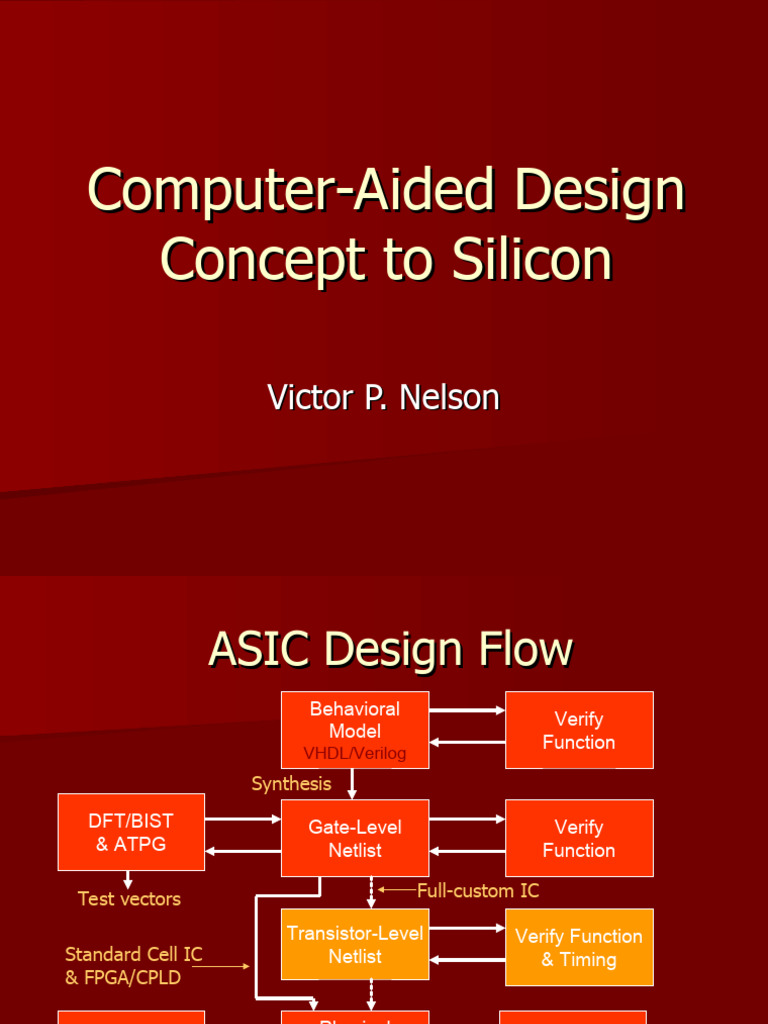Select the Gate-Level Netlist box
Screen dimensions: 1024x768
[355, 838]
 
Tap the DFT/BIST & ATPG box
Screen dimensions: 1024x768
[131, 832]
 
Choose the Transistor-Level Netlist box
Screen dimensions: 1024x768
[355, 945]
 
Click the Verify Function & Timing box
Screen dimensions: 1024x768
[579, 947]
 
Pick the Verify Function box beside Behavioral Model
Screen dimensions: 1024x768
[579, 730]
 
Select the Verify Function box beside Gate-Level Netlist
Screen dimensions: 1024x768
[579, 838]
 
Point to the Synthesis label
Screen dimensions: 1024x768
[291, 784]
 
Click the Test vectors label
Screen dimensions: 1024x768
[129, 899]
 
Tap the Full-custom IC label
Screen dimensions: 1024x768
[477, 890]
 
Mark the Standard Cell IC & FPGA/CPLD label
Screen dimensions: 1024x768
[133, 966]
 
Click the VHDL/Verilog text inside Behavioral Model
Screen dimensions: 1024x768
[355, 753]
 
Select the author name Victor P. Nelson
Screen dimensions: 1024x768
[383, 397]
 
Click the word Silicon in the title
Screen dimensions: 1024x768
[530, 259]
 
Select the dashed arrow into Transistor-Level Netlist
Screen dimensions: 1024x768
[371, 893]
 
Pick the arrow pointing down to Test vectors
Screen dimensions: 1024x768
[128, 880]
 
